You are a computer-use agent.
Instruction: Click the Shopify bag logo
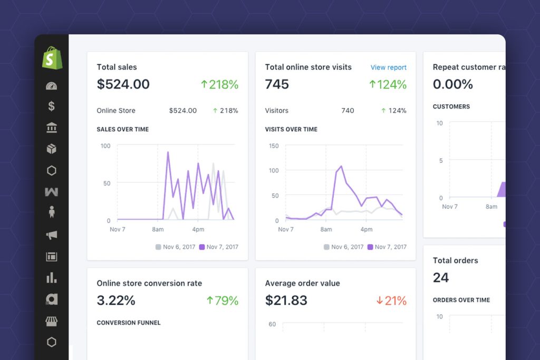(52, 58)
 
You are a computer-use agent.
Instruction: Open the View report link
(388, 67)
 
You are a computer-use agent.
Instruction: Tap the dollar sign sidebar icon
(52, 106)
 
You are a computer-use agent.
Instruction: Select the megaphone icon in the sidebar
(52, 235)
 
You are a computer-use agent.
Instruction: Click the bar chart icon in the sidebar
(52, 278)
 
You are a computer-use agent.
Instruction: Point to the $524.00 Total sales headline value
(123, 84)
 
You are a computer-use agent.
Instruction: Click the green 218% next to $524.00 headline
(219, 84)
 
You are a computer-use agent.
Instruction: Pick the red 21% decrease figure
(391, 301)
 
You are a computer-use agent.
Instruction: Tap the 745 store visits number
(277, 84)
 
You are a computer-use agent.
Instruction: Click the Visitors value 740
(348, 111)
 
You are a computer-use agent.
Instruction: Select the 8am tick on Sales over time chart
(157, 230)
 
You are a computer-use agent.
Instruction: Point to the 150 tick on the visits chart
(274, 146)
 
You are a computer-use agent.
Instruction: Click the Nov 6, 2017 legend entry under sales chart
(175, 247)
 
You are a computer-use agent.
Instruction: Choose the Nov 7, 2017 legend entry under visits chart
(387, 247)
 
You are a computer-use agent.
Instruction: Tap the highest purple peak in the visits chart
(342, 167)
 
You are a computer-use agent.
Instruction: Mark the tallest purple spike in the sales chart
(168, 153)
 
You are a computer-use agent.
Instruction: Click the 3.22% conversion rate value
(116, 301)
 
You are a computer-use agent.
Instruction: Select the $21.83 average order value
(286, 301)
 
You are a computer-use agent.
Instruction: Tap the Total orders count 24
(441, 278)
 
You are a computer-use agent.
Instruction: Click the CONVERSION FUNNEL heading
(129, 323)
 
